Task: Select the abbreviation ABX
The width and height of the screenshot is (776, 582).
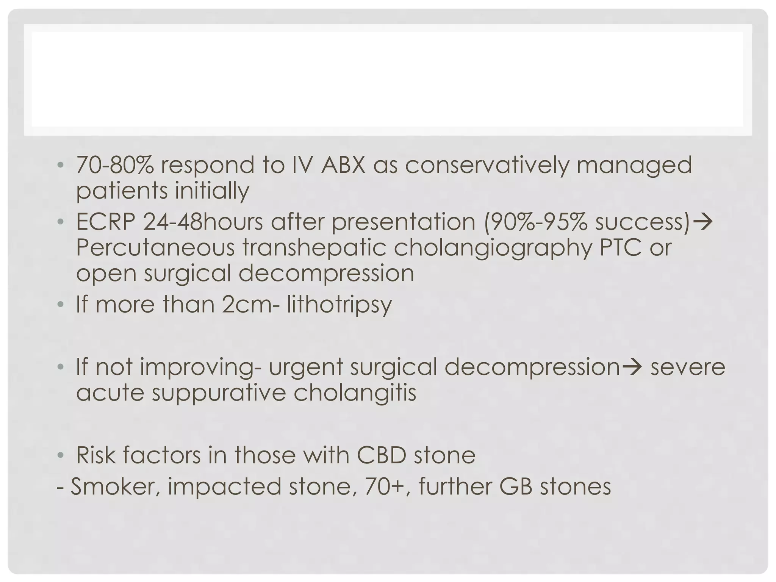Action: [343, 166]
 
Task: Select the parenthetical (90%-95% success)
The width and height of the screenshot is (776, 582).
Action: [587, 222]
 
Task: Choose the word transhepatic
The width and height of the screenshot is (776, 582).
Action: [314, 247]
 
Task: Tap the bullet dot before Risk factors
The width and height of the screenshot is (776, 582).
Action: [61, 455]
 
